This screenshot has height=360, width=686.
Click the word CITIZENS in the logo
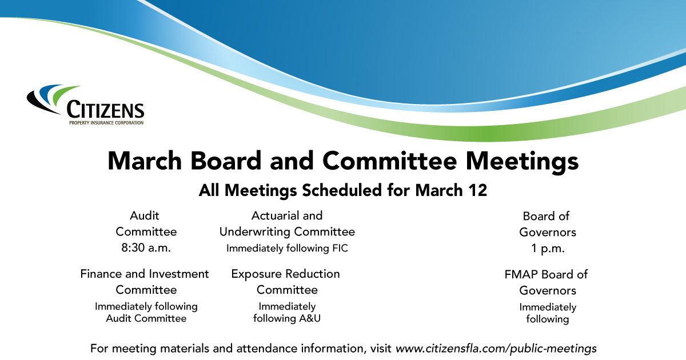pyautogui.click(x=105, y=109)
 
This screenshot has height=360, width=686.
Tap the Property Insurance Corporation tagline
pyautogui.click(x=105, y=122)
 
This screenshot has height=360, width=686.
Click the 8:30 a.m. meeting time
pyautogui.click(x=146, y=248)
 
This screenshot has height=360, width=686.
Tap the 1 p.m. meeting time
pyautogui.click(x=548, y=249)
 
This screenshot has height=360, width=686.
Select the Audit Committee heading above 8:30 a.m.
pyautogui.click(x=146, y=223)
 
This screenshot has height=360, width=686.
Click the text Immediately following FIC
pyautogui.click(x=287, y=248)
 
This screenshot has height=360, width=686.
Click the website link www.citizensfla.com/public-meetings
pyautogui.click(x=496, y=347)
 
